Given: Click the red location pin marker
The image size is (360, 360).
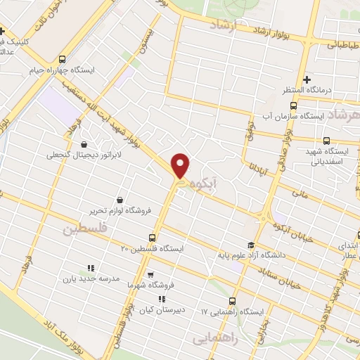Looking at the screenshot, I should point(181,166).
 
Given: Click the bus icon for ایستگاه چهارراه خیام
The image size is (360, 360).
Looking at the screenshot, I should point(64,60).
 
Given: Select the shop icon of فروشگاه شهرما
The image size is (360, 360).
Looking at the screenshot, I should point(150,275).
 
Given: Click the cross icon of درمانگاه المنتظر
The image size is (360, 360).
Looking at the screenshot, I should point(307,79).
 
